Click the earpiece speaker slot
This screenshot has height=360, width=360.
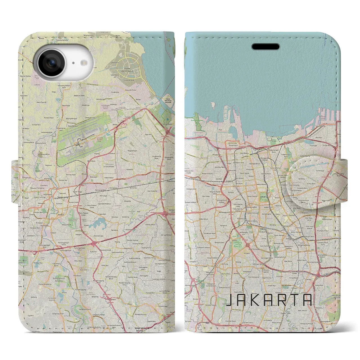(265, 46)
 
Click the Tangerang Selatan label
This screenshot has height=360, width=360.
(141, 329)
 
